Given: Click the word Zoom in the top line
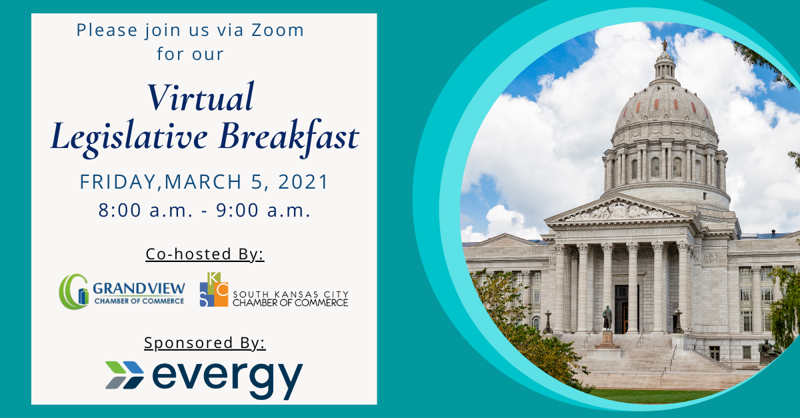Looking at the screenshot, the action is tap(277, 30).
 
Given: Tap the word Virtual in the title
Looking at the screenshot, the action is tap(201, 97).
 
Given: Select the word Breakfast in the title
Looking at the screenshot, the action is tap(289, 137).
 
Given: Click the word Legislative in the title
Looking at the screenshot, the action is tap(129, 137).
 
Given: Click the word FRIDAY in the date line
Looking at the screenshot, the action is tap(118, 182).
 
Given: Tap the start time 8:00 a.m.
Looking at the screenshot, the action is tap(146, 210).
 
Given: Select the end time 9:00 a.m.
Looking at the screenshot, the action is tap(263, 210).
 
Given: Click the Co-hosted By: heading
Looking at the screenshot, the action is tap(205, 254).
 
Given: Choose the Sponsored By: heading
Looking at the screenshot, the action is tap(205, 343).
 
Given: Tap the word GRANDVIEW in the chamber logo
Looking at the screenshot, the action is tap(139, 288).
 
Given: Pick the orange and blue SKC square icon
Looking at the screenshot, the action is tap(214, 289).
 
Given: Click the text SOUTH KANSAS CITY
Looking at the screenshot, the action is tap(291, 295).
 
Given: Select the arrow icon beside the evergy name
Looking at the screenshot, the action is tap(125, 375).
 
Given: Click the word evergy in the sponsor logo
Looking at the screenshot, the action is tap(227, 379).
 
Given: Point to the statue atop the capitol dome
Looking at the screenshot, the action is tap(665, 45).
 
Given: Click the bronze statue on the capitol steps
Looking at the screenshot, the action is tap(607, 318).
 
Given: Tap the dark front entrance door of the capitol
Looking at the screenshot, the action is tap(622, 309).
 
